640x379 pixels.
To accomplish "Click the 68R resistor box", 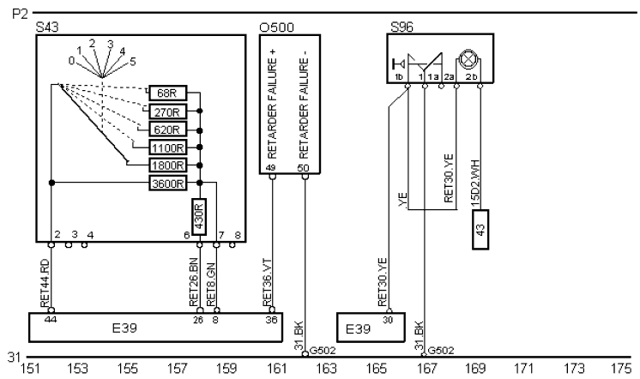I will (x=167, y=93).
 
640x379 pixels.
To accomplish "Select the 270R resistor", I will (x=167, y=111).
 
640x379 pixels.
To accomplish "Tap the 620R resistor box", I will (x=167, y=129).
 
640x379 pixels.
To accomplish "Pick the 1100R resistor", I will (x=167, y=147).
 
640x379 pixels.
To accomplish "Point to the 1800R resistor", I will (x=167, y=165).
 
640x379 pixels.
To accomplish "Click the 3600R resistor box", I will (x=167, y=183).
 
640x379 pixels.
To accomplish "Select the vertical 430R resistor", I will (x=199, y=212).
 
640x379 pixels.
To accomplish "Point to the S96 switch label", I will (x=401, y=27).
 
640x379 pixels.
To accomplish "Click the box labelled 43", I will (x=480, y=232).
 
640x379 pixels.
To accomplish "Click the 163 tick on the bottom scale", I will (x=326, y=369).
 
